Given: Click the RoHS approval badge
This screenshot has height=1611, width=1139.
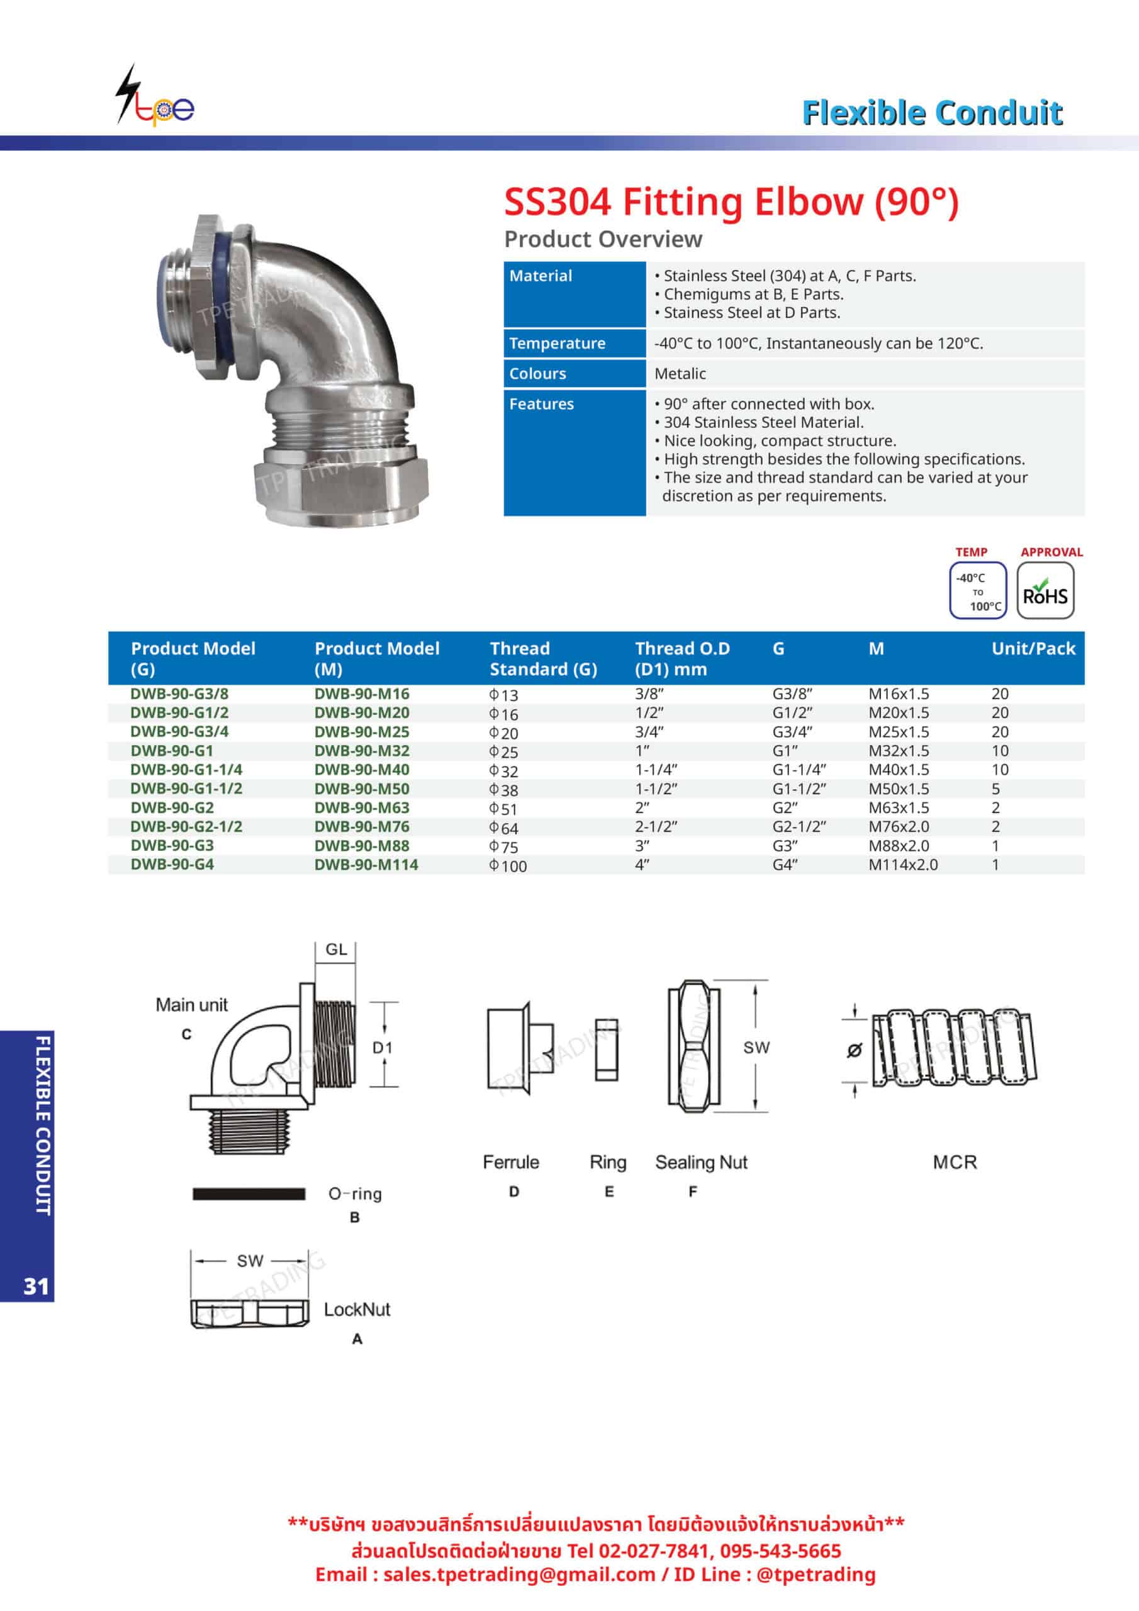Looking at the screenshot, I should tap(1045, 591).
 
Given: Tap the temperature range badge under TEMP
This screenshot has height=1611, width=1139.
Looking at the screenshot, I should tap(977, 591).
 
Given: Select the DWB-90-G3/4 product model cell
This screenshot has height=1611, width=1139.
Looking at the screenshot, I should tap(179, 731).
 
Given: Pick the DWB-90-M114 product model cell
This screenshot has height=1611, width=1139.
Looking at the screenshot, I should tap(366, 865).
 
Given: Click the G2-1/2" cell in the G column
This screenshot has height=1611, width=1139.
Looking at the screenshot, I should tap(799, 826).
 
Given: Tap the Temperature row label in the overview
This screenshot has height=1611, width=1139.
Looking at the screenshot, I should tap(557, 343).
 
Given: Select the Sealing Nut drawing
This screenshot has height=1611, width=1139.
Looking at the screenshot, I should tap(693, 1045).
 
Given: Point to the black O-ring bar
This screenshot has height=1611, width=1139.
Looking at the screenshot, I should tap(249, 1194).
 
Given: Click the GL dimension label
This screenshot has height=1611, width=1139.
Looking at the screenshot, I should tap(336, 950).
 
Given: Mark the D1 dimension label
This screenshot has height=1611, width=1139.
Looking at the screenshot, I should tap(383, 1048).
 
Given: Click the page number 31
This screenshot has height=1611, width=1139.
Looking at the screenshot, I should tap(36, 1286).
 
